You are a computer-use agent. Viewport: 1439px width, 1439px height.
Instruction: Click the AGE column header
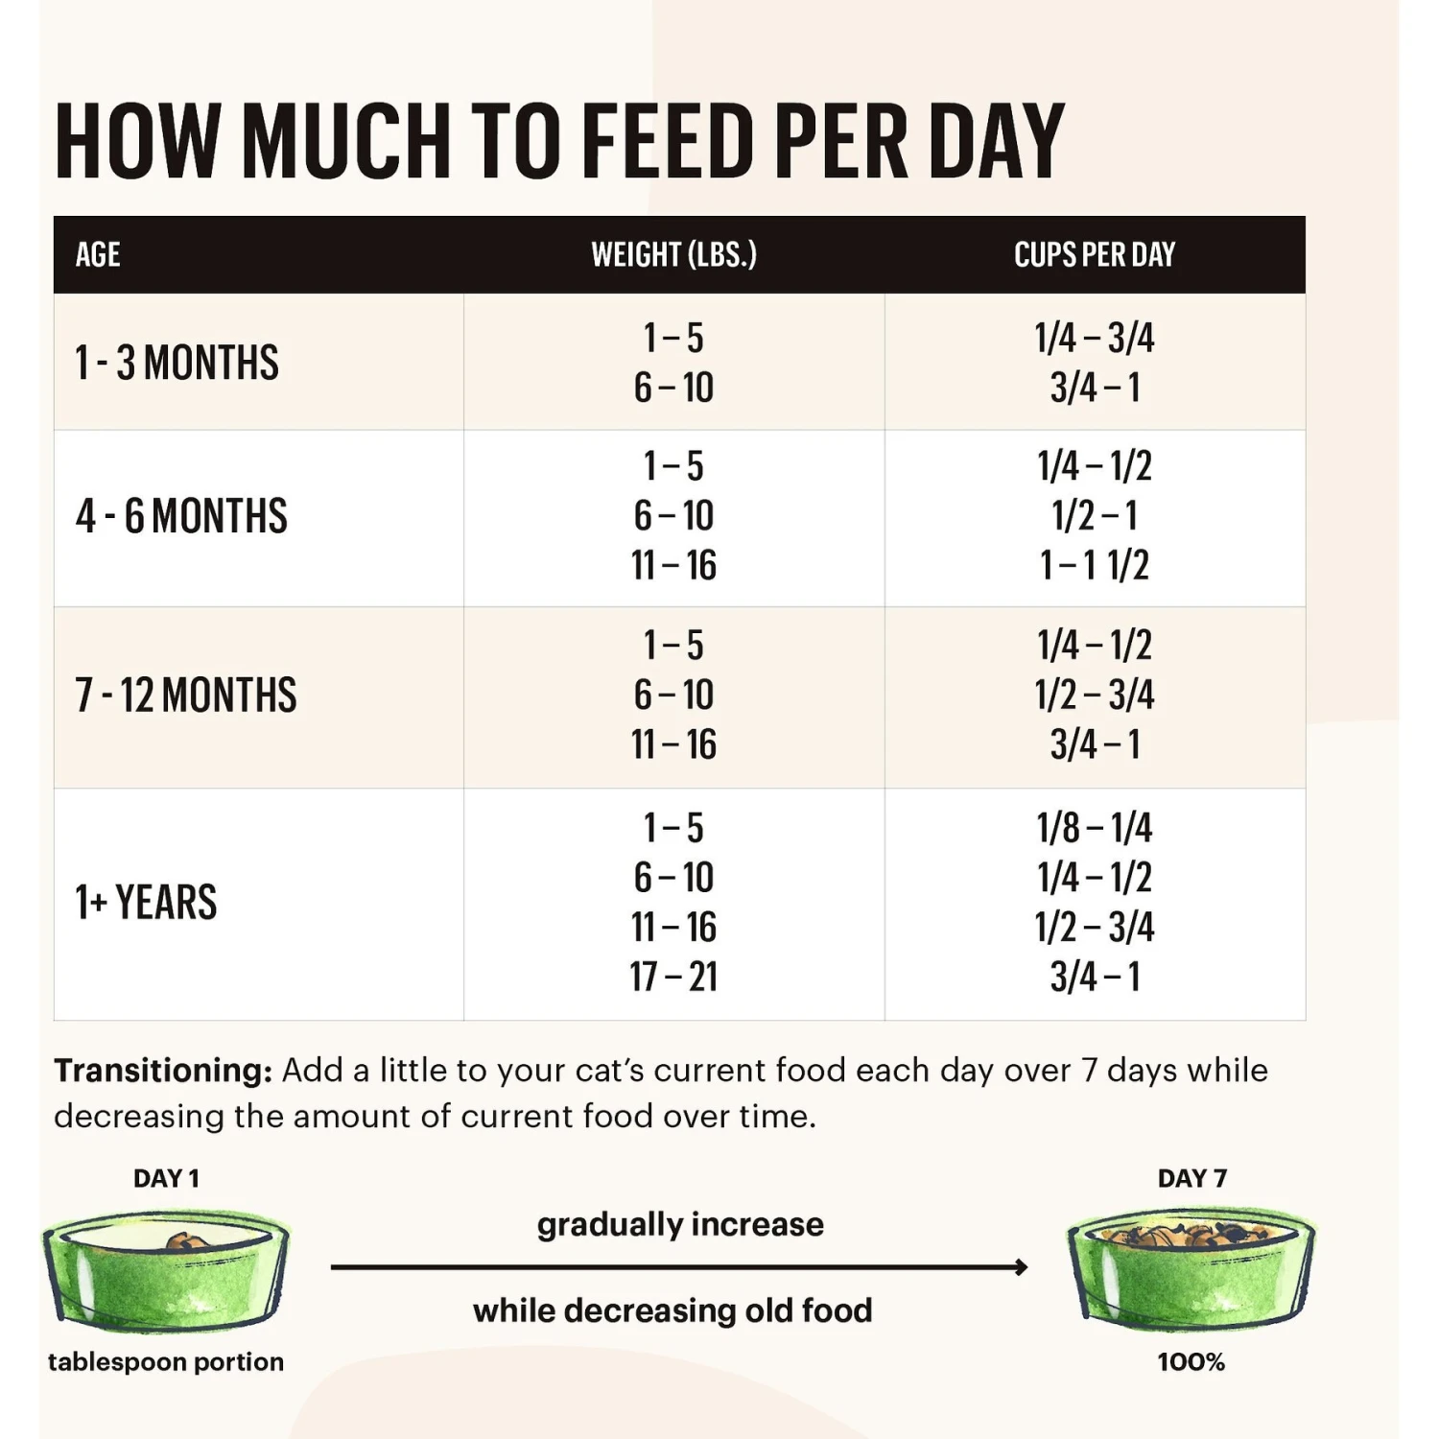click(98, 254)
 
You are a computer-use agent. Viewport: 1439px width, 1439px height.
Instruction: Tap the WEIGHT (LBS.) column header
click(673, 254)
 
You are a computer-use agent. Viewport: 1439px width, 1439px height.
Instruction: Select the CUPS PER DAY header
click(1095, 254)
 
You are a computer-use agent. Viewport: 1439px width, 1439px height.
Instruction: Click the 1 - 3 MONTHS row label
click(177, 363)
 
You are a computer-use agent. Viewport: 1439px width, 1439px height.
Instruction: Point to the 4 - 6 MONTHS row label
click(181, 516)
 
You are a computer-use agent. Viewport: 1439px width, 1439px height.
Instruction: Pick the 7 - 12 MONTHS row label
click(186, 696)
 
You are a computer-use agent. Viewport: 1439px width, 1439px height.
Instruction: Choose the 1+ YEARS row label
click(147, 902)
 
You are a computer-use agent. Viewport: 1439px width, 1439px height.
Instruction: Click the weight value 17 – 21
click(673, 977)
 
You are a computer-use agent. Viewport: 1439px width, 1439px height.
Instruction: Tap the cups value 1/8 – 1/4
click(1095, 828)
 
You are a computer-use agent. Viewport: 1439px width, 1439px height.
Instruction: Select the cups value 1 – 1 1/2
click(1095, 565)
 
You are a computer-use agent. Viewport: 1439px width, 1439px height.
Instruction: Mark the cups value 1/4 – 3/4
click(1095, 338)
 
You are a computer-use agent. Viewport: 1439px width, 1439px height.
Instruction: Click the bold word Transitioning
click(163, 1070)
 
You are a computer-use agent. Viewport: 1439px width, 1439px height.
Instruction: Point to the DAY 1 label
click(166, 1178)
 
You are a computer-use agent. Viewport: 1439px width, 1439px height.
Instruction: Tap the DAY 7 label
click(1191, 1178)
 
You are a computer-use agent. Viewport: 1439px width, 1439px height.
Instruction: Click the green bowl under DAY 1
click(166, 1271)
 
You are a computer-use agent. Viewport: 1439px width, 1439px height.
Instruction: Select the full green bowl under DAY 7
click(1191, 1271)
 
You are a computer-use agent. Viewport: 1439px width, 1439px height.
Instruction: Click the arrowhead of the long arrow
click(1021, 1267)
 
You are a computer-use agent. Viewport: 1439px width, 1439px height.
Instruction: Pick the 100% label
click(1191, 1362)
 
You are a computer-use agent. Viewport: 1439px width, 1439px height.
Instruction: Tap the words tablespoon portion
click(166, 1362)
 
